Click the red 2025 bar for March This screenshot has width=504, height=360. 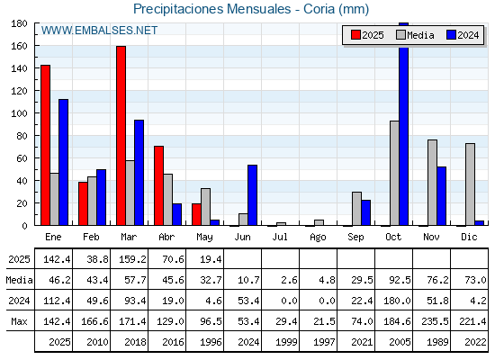point(121,136)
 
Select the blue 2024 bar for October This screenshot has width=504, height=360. point(404,124)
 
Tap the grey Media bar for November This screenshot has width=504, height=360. point(432,183)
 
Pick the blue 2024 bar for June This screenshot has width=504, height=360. point(252,195)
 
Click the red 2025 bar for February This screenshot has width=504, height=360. point(83,203)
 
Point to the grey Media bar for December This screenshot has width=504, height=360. point(470,184)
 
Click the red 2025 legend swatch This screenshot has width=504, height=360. point(355,35)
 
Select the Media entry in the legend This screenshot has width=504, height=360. point(415,35)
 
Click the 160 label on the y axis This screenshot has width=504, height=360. point(19,46)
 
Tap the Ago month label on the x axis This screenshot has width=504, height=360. point(318,238)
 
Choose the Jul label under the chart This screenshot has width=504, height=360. point(280,237)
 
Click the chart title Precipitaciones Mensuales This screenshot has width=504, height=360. point(212,9)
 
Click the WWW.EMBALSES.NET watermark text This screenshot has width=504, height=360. point(99,31)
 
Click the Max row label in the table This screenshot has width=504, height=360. point(19,321)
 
